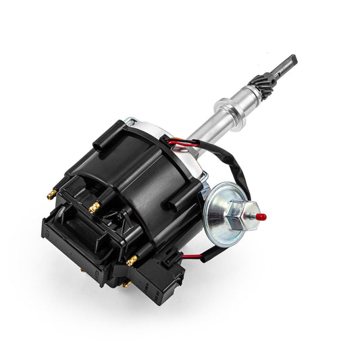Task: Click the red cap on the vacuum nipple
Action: click(x=261, y=217)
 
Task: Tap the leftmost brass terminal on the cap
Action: click(x=51, y=195)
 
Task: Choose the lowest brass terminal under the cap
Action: click(x=126, y=284)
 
